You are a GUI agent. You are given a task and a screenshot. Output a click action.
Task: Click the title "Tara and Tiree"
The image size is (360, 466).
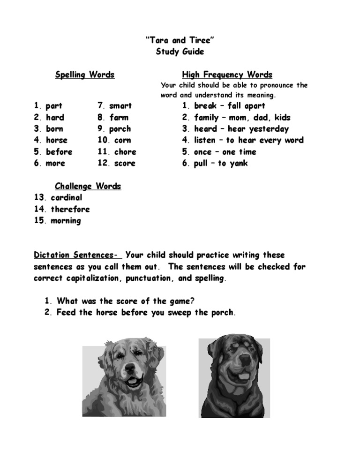coord(180,41)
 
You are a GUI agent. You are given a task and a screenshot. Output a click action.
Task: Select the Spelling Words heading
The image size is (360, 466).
coord(85,75)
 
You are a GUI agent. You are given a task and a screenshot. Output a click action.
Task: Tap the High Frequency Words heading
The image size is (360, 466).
coord(227,75)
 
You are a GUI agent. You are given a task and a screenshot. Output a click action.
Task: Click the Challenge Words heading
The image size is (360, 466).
coord(88,186)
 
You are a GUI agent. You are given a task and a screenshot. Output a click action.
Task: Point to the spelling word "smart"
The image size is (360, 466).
coord(120,106)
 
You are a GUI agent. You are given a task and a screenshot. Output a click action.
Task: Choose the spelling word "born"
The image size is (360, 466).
coord(54,129)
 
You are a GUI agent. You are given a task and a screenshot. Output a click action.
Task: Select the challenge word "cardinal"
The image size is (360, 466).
coord(67,198)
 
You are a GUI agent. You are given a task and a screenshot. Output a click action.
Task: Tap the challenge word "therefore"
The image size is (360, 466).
coord(70,209)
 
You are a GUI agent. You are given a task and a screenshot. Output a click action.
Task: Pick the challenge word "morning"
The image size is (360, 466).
coord(66,221)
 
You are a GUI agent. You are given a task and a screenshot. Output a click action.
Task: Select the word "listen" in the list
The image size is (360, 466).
coord(205,140)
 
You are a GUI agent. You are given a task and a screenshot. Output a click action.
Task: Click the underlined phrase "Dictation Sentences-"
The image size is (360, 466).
coord(76,255)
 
